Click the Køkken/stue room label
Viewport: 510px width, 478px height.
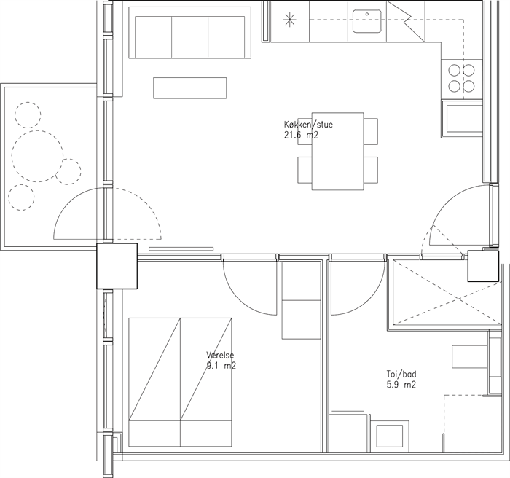(308, 125)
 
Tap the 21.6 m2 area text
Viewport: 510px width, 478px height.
(301, 135)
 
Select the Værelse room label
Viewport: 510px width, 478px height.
(220, 355)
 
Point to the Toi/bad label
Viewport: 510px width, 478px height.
(401, 374)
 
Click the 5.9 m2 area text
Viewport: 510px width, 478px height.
(401, 385)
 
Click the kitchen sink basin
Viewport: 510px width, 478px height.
(367, 21)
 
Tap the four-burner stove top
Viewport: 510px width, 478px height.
(461, 78)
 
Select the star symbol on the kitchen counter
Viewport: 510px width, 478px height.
(289, 20)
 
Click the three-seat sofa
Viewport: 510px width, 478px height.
(190, 33)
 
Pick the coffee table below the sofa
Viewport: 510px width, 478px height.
(190, 88)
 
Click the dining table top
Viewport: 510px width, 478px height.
(337, 151)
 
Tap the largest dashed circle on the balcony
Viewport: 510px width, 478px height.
(37, 156)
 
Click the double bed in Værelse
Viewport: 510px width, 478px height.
(180, 382)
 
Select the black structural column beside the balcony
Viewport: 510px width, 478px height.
(117, 266)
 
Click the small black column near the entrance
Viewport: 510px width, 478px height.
(483, 266)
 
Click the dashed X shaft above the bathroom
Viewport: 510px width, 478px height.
(447, 292)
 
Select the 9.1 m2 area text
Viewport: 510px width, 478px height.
(221, 366)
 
